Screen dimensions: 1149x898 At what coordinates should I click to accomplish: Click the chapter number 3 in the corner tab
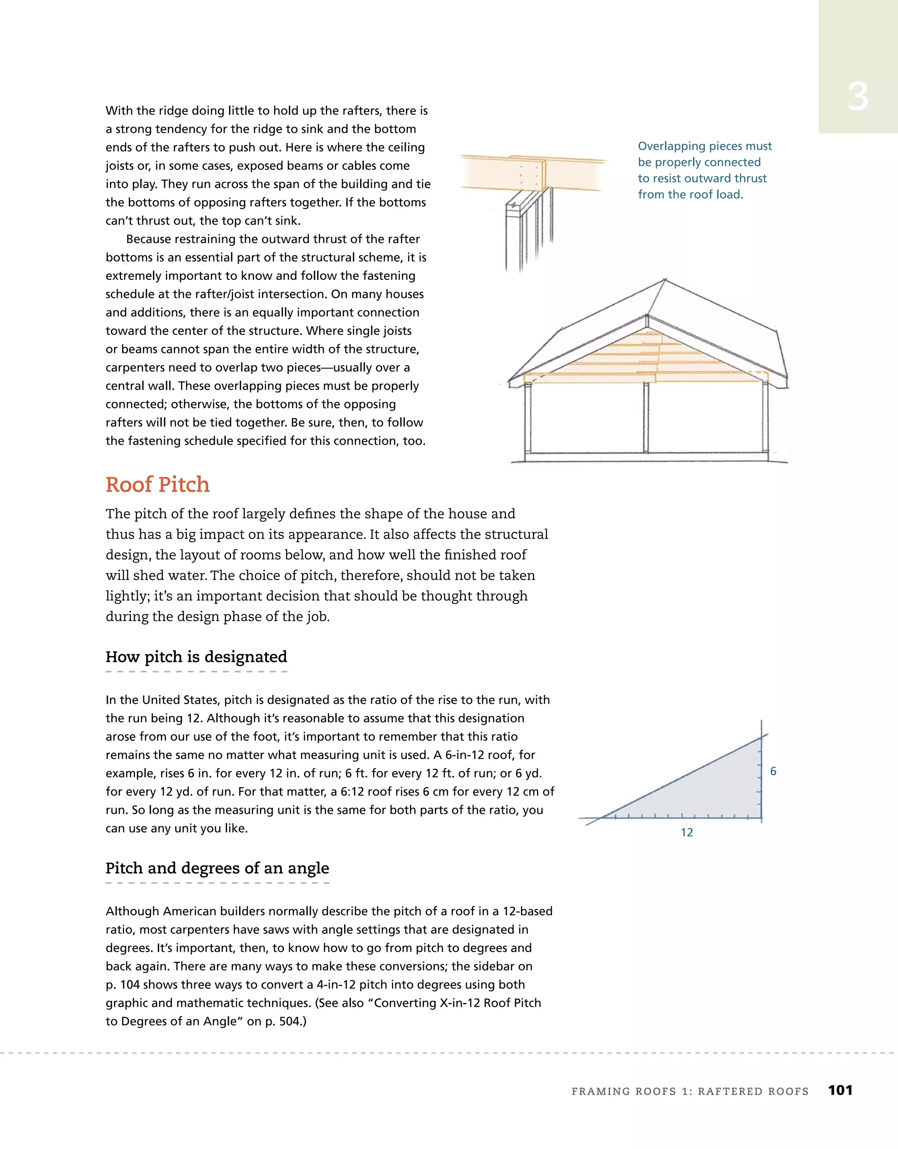pyautogui.click(x=858, y=97)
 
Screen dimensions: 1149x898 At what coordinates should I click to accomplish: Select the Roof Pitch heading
pyautogui.click(x=157, y=485)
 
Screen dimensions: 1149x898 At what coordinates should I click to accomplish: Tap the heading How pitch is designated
pyautogui.click(x=196, y=657)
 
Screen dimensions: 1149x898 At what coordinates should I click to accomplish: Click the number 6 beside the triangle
pyautogui.click(x=773, y=771)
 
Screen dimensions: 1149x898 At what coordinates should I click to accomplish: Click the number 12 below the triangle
pyautogui.click(x=687, y=832)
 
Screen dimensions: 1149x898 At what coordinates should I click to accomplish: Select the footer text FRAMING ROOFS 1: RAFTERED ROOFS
pyautogui.click(x=690, y=1091)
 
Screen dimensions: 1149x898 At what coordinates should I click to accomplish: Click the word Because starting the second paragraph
pyautogui.click(x=150, y=239)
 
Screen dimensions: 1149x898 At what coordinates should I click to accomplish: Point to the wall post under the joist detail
pyautogui.click(x=518, y=237)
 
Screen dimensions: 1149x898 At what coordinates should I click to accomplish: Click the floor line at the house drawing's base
pyautogui.click(x=647, y=461)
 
